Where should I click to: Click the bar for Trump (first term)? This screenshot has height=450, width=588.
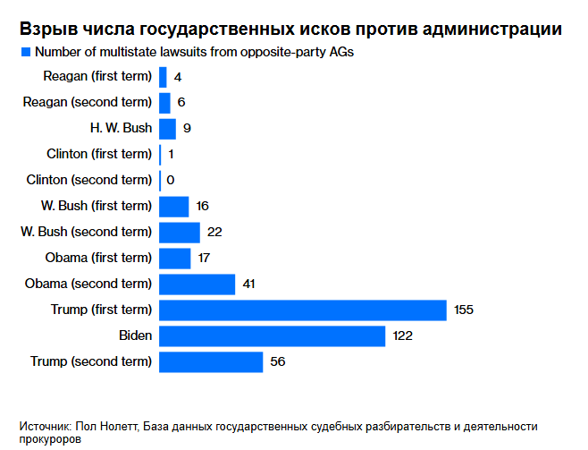[x=302, y=310]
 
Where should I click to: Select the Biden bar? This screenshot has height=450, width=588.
[x=272, y=335]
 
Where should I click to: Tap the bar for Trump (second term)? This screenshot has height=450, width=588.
[x=211, y=361]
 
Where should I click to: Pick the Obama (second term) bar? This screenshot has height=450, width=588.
[x=197, y=284]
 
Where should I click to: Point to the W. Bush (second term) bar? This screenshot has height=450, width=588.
[x=179, y=232]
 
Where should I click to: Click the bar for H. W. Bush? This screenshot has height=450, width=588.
[x=167, y=128]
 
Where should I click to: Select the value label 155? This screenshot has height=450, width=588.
[x=462, y=310]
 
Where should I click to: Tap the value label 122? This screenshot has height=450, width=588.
[x=401, y=336]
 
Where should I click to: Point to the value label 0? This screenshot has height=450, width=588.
[x=171, y=181]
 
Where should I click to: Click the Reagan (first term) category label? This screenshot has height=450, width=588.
[x=97, y=77]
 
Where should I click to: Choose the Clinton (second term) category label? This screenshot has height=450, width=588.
[x=89, y=180]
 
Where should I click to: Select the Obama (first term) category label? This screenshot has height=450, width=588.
[x=98, y=258]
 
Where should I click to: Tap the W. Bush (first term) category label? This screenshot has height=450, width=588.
[x=97, y=206]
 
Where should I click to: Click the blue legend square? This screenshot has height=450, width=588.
[x=24, y=53]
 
